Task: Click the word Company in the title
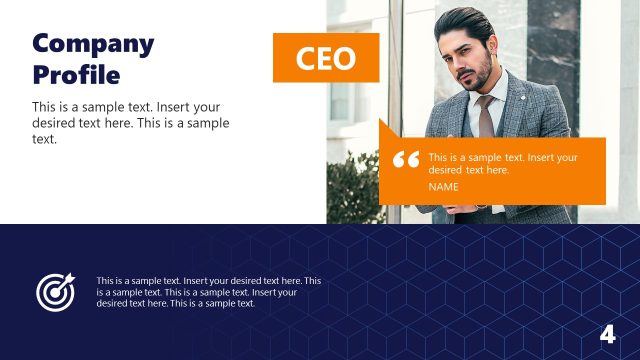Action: pos(93,43)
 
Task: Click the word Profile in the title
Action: pos(76,75)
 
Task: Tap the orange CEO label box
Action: pos(326,58)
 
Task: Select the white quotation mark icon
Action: pos(406,161)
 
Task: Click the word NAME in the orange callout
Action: pos(443,187)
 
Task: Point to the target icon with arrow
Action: pos(55,290)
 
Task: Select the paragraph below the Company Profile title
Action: pos(131,123)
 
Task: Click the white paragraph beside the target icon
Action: pos(209,292)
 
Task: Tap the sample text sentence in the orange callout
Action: pos(503,163)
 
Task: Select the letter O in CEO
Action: pos(345,59)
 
